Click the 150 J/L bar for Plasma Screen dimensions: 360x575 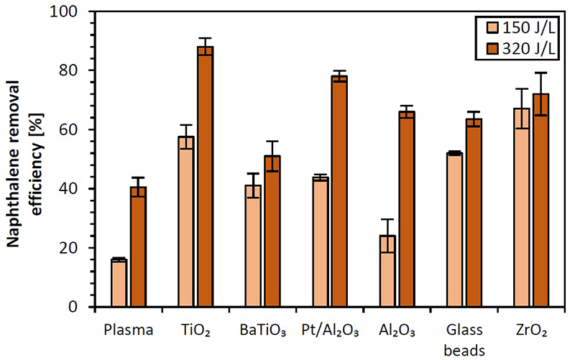tap(119, 283)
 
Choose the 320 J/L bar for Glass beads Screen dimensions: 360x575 tap(474, 213)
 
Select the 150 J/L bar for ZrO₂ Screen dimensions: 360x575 tap(521, 208)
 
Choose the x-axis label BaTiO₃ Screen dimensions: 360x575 tap(263, 331)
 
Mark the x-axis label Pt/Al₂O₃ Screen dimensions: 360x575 tap(330, 331)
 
